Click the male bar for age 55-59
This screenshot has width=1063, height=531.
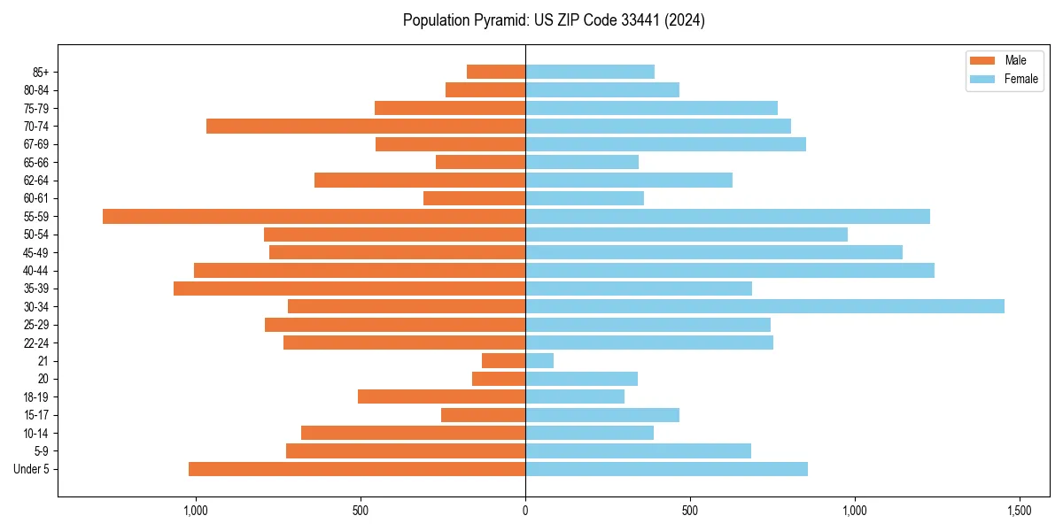(314, 216)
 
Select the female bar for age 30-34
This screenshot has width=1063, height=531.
(764, 306)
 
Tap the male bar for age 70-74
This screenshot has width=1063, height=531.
(366, 126)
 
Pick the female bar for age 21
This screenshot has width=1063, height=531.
(539, 360)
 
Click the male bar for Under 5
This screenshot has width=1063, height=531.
(357, 469)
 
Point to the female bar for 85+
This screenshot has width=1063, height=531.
(590, 72)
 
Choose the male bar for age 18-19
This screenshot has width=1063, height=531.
(441, 396)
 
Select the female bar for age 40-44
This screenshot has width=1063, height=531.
(730, 270)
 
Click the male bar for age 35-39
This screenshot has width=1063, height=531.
(349, 289)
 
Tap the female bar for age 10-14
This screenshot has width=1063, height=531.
(589, 433)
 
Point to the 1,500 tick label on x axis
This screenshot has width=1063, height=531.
(1020, 511)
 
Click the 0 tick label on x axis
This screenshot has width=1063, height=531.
(525, 511)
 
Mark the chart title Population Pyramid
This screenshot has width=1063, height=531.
(554, 20)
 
